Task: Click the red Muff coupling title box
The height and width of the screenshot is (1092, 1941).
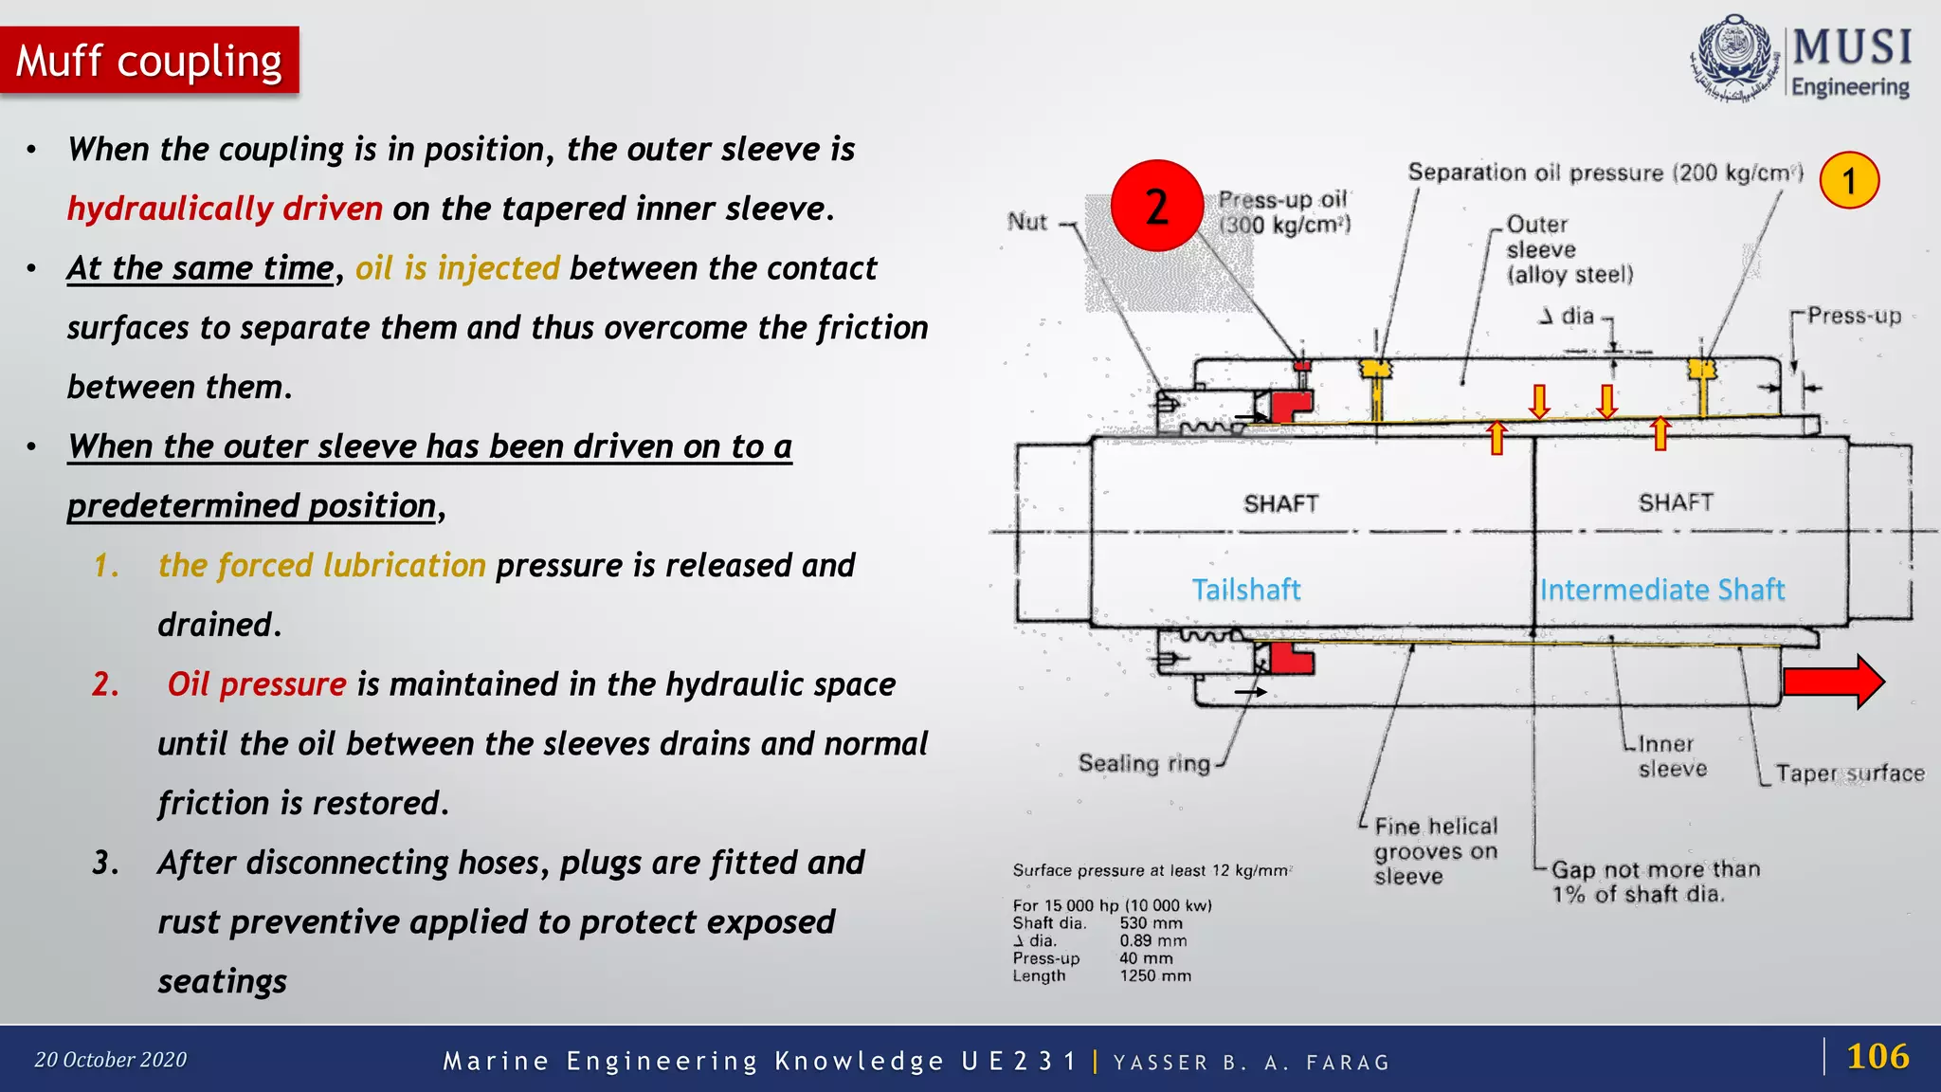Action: pos(149,61)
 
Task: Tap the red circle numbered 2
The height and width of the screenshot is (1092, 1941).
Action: pos(1156,206)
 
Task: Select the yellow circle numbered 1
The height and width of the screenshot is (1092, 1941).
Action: pos(1848,180)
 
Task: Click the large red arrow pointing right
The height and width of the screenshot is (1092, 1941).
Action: pos(1832,682)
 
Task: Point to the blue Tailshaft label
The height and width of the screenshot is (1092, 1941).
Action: pos(1245,590)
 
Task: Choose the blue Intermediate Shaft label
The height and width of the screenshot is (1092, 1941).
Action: pos(1661,590)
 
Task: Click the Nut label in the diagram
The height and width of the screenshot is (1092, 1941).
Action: pos(1026,222)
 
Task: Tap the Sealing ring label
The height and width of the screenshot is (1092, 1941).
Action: pos(1144,763)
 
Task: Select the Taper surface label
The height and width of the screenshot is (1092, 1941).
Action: pos(1849,773)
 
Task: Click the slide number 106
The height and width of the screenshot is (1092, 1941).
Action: pos(1878,1056)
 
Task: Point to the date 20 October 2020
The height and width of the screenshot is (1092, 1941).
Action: pos(111,1060)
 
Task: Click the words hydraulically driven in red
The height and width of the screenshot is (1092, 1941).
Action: pos(225,209)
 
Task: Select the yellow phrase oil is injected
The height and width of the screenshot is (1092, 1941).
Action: pos(458,268)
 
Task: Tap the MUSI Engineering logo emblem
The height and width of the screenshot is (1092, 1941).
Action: pos(1734,58)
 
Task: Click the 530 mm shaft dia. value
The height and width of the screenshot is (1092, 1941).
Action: pos(1151,923)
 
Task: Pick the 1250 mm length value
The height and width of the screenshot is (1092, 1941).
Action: pos(1155,975)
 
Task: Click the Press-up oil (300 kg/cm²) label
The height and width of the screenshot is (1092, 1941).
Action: pos(1283,212)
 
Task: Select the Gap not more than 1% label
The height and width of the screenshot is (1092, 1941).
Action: pos(1655,882)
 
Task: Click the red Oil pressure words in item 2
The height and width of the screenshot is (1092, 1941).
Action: pos(257,684)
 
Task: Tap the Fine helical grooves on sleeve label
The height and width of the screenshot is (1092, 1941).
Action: pos(1435,850)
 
